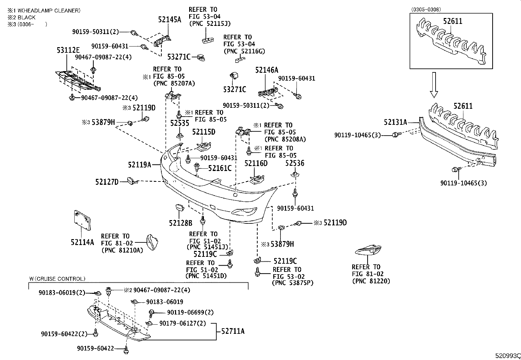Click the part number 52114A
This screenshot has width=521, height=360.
click(x=82, y=242)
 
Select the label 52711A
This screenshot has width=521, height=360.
click(x=233, y=331)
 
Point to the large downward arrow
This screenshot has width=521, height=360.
click(x=434, y=85)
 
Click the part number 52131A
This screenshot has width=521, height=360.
click(x=395, y=123)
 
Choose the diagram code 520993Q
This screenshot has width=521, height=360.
click(x=507, y=356)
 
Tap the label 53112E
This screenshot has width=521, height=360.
click(x=68, y=50)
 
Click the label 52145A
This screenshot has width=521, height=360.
click(x=170, y=20)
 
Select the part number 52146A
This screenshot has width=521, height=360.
click(x=267, y=70)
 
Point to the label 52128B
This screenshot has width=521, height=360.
click(x=180, y=223)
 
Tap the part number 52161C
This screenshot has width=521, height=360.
click(x=220, y=168)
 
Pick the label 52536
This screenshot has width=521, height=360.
click(x=295, y=163)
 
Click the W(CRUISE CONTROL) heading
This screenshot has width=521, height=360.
click(x=57, y=279)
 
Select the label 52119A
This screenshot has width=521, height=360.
click(x=139, y=165)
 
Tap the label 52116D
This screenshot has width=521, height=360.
click(x=256, y=163)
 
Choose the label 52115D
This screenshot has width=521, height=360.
click(x=204, y=132)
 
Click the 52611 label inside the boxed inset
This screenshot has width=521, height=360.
click(x=453, y=21)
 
